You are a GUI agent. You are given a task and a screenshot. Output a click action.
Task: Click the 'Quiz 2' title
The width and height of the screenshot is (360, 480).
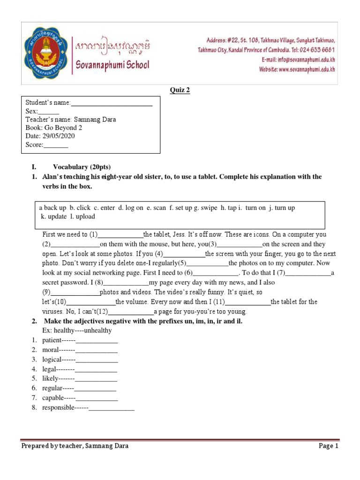pos(180,90)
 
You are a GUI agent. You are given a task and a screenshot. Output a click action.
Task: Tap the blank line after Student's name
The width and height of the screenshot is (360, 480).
pos(112,103)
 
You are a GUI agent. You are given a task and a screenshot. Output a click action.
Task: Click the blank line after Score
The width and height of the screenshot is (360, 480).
pos(56,145)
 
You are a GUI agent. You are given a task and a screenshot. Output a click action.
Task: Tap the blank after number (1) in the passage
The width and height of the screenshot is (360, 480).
pos(120,235)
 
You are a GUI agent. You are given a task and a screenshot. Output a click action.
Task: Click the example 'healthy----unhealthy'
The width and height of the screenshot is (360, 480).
pos(77,330)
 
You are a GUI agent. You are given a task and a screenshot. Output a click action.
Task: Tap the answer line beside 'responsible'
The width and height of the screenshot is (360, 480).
pos(112,408)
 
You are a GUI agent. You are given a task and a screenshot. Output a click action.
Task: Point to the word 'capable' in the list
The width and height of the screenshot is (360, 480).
pos(52,398)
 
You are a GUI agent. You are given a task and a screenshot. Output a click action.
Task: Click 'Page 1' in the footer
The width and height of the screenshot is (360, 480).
pos(328,446)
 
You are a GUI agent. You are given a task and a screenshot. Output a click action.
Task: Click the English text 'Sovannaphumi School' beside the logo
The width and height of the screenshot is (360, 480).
pos(112,65)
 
